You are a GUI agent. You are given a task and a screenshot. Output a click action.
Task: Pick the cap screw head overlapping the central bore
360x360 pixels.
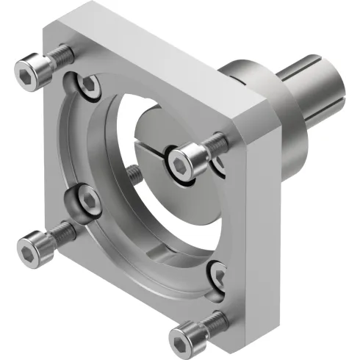point(181,156)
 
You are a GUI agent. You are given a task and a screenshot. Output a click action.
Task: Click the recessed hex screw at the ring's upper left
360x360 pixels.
point(88,86)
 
